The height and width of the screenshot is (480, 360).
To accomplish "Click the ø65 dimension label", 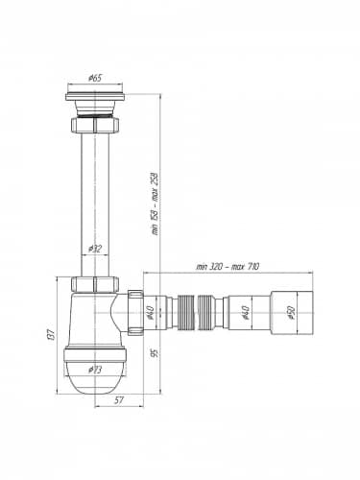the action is coord(95,78).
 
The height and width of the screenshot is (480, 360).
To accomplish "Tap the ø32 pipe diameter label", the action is coord(95,249).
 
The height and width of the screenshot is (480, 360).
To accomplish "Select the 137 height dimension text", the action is coord(52,334).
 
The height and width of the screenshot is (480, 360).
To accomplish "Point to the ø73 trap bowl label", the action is coord(95,370).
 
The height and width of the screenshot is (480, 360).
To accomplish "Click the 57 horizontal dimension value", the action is coord(119,400).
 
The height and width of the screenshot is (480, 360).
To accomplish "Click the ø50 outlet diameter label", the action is coord(291,313).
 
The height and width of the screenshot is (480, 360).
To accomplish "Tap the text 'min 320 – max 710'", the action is coord(228,266).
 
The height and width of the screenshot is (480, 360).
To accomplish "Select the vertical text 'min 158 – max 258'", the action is coord(155,204).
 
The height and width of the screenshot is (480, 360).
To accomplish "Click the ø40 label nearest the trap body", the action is coord(151,313).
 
